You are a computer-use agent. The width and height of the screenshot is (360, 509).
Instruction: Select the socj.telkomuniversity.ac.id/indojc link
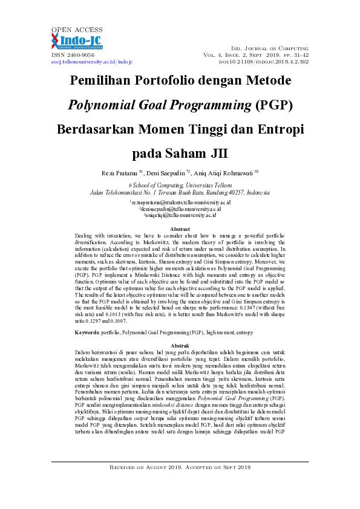click(x=83, y=62)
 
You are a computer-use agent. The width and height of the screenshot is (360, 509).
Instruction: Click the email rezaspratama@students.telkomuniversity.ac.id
click(x=180, y=202)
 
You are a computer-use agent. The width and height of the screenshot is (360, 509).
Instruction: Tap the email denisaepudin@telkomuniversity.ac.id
click(x=180, y=209)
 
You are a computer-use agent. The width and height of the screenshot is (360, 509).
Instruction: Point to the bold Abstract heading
click(x=180, y=229)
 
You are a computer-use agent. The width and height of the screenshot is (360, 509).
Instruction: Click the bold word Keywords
click(x=87, y=332)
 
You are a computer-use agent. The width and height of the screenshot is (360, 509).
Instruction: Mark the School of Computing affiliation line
click(x=180, y=186)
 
